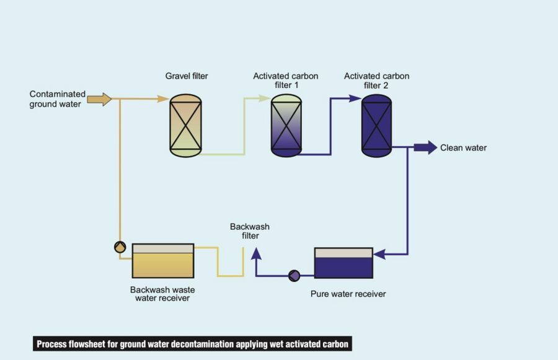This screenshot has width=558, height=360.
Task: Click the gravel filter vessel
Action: (x=186, y=125)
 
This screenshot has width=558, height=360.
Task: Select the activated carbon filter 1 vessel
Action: (x=286, y=125)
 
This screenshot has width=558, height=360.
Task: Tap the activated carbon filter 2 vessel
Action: (x=376, y=125)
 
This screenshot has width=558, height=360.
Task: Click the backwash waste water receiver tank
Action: (x=162, y=260)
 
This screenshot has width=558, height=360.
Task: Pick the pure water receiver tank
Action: (x=343, y=263)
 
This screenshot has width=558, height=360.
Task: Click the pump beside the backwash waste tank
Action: (x=120, y=247)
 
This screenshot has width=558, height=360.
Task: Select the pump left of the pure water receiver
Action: (x=294, y=275)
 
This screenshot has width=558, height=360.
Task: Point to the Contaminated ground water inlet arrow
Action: (x=99, y=99)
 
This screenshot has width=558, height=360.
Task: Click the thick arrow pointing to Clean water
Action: (x=425, y=147)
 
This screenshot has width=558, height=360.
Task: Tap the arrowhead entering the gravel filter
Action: (x=163, y=99)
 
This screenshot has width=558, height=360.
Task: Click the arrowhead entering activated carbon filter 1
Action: (x=265, y=99)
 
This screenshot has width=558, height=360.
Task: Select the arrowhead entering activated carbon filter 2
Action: (x=355, y=98)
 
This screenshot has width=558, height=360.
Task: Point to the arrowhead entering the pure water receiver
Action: (x=379, y=254)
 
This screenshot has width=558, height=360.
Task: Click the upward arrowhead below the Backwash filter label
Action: (x=255, y=252)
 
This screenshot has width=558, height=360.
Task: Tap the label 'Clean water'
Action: (x=463, y=148)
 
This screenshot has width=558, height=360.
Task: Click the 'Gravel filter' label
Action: (x=187, y=76)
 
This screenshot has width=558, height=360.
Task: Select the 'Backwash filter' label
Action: (x=250, y=231)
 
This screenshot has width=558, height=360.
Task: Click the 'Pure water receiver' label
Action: (x=348, y=294)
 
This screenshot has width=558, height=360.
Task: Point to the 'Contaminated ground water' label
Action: (x=58, y=99)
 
